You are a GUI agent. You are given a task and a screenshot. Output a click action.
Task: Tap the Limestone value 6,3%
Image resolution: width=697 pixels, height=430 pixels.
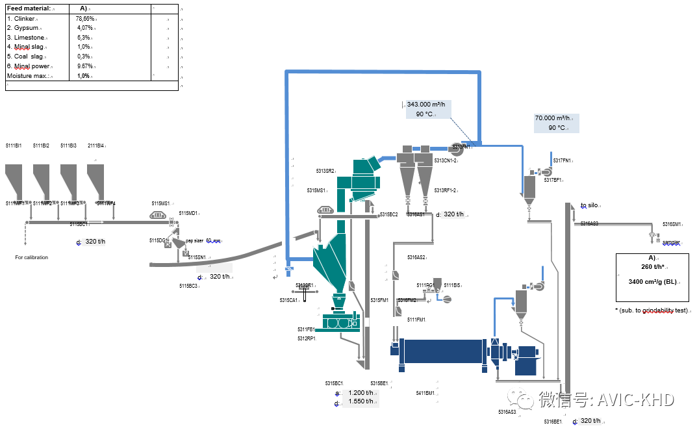tap(83, 38)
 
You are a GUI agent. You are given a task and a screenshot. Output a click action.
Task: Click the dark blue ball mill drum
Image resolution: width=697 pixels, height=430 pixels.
tap(444, 351)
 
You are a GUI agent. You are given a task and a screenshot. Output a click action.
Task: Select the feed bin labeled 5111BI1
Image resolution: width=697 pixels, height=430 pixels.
tap(14, 182)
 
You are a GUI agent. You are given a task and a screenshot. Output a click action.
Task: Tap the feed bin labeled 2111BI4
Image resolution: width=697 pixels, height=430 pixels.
tap(95, 182)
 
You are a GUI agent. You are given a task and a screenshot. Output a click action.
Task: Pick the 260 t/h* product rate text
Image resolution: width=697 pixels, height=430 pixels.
tap(652, 266)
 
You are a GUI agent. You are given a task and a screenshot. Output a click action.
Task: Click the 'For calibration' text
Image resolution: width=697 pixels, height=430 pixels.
tap(31, 257)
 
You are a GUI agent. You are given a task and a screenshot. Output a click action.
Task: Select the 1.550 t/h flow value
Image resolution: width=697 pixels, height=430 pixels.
tap(361, 401)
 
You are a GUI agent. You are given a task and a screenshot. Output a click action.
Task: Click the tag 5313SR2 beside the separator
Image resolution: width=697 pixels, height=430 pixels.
tap(325, 171)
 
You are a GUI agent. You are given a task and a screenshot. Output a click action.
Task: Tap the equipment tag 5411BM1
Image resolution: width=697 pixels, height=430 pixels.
tap(425, 392)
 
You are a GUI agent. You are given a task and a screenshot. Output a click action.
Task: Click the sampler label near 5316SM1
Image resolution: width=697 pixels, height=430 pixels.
tap(671, 242)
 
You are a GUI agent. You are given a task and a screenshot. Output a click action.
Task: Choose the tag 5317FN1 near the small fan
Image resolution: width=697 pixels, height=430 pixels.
tap(562, 160)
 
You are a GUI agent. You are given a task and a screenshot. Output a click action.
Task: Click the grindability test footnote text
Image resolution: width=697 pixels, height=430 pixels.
tap(652, 310)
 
